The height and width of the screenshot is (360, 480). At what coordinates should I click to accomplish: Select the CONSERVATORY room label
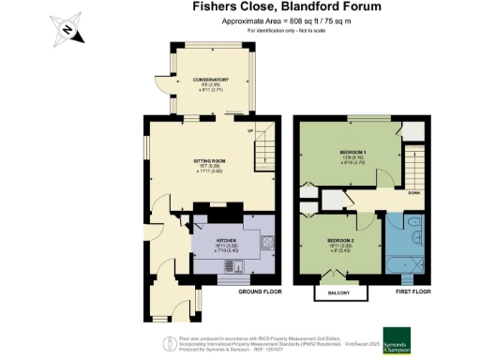click(x=211, y=80)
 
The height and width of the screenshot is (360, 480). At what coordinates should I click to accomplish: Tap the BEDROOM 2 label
click(x=339, y=240)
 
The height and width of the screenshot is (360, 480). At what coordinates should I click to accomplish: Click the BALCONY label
click(x=339, y=293)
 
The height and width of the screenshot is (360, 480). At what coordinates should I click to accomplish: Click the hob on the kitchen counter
click(x=268, y=242)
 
